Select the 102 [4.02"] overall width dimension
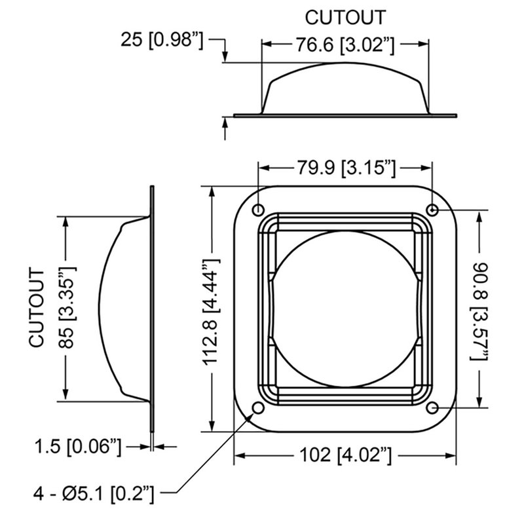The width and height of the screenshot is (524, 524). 345,454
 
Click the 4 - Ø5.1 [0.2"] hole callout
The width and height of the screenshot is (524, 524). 95,491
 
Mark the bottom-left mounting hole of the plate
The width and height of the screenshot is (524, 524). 258,408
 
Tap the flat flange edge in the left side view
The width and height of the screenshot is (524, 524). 153,308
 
